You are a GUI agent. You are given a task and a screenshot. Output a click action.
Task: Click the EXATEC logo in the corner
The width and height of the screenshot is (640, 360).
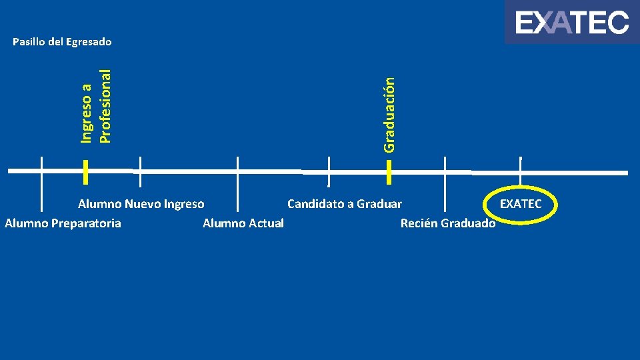click(x=571, y=23)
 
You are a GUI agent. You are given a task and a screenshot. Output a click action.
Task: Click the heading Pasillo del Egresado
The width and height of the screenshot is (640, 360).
click(x=62, y=42)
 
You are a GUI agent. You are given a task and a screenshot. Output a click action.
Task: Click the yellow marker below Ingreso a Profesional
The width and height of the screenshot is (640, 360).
click(x=86, y=171)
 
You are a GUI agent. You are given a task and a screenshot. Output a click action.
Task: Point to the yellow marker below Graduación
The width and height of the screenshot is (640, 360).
click(x=389, y=172)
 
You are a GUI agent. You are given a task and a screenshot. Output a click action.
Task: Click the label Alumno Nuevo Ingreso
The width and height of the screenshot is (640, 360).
click(x=141, y=204)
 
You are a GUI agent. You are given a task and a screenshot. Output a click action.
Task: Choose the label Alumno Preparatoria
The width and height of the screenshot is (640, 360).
click(x=63, y=223)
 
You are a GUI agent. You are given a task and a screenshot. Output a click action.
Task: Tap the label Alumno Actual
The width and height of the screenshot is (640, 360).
click(x=243, y=223)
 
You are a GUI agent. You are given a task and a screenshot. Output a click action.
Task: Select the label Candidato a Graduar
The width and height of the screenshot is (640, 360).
click(x=345, y=204)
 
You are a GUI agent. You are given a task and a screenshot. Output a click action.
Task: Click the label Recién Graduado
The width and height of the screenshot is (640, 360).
click(x=448, y=223)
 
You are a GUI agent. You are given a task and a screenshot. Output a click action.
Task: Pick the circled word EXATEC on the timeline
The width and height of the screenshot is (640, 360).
click(x=521, y=204)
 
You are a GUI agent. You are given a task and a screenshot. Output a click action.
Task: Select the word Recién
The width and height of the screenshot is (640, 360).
click(x=418, y=223)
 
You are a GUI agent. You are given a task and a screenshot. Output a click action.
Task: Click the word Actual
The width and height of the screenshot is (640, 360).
click(x=266, y=223)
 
